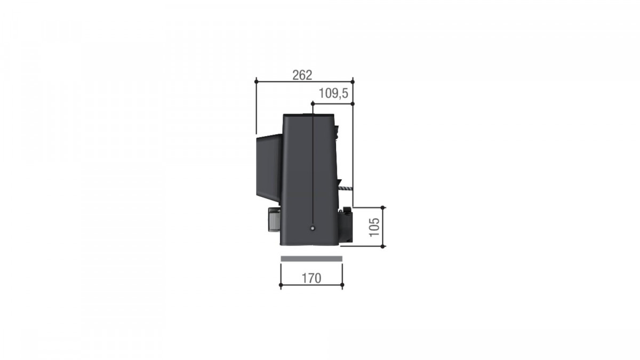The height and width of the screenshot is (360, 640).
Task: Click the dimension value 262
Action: point(302,75)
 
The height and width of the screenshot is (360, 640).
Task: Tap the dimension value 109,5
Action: point(333,93)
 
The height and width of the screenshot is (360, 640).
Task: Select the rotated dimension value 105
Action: point(374,227)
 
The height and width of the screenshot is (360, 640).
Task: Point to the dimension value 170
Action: point(311,278)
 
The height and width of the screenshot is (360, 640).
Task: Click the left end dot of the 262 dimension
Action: point(257,82)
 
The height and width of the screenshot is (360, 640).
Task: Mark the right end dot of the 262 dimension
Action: point(353,82)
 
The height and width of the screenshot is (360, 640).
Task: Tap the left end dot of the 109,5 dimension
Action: point(313,103)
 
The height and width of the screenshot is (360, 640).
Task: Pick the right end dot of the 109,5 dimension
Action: point(353,103)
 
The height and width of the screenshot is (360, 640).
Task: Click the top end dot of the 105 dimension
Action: point(383,207)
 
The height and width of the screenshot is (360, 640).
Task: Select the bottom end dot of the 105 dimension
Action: point(383,246)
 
